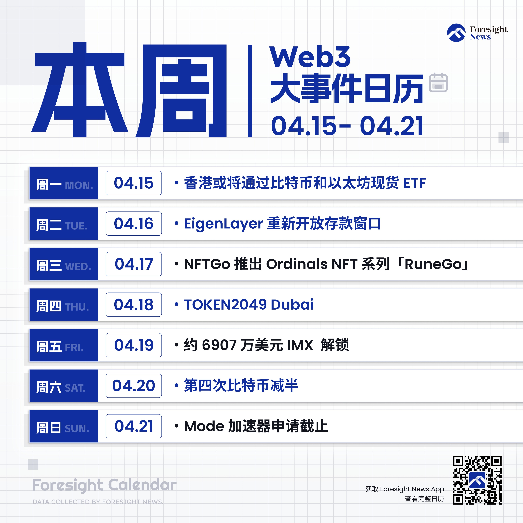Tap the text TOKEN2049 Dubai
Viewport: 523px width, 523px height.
[x=249, y=305]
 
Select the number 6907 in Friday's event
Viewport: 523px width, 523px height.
[x=219, y=345]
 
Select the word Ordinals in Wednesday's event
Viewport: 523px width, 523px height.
[x=297, y=264]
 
